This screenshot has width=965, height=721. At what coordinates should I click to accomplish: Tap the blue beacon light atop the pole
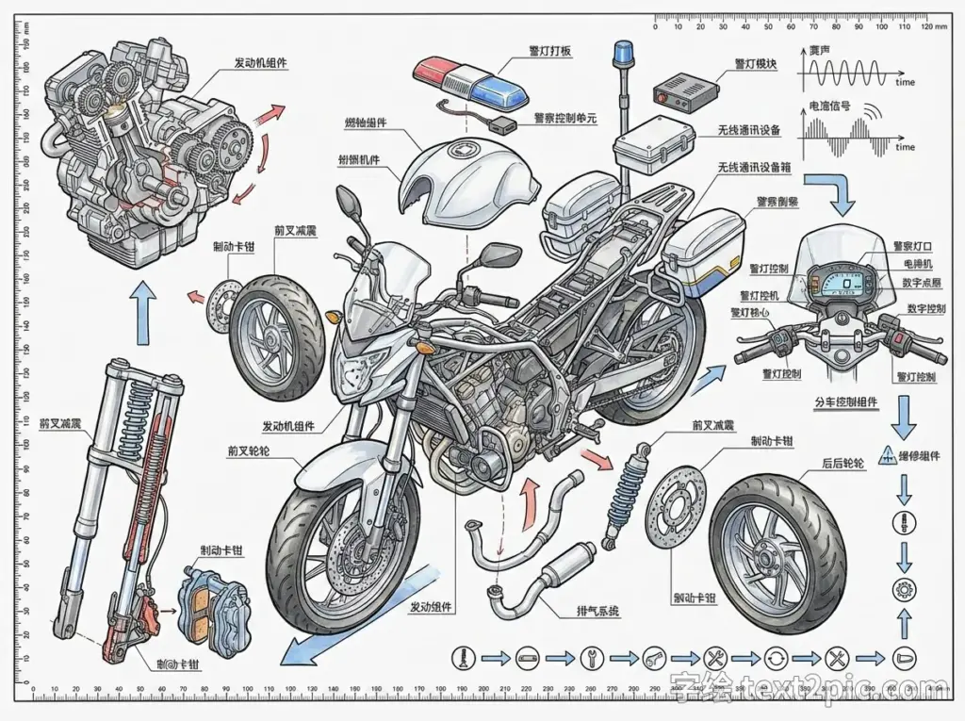(x=622, y=53)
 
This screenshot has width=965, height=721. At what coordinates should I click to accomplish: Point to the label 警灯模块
(x=756, y=64)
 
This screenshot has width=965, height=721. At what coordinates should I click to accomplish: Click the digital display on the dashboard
(x=851, y=283)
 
